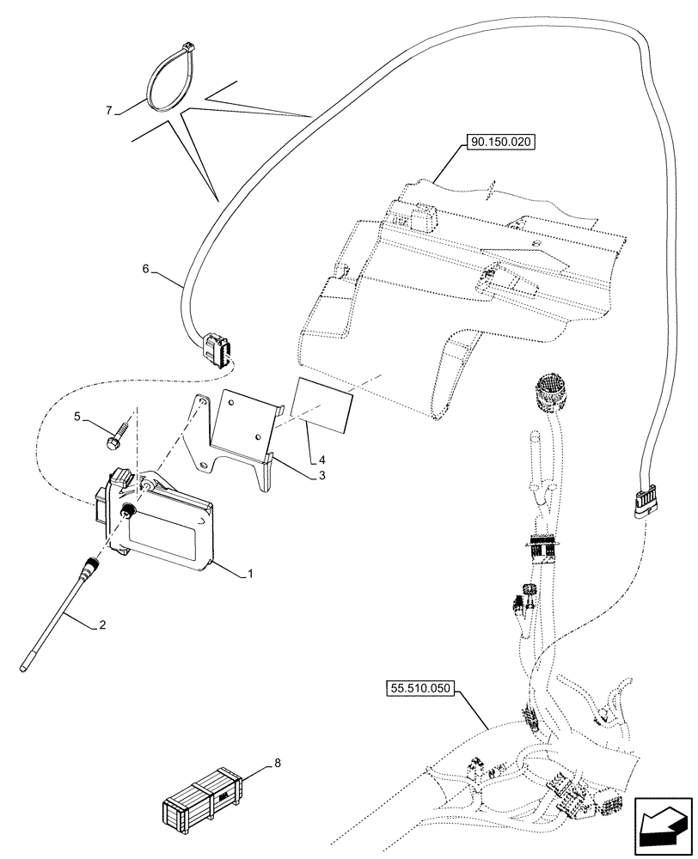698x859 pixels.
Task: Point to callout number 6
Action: [x=145, y=269]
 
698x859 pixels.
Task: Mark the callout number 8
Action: [x=277, y=762]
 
